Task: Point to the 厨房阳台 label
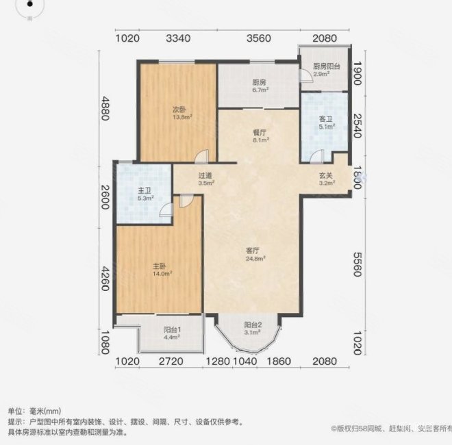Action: pos(327,66)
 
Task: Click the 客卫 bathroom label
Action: pos(325,118)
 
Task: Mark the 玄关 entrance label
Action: pos(326,175)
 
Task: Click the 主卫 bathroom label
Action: pos(143,191)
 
